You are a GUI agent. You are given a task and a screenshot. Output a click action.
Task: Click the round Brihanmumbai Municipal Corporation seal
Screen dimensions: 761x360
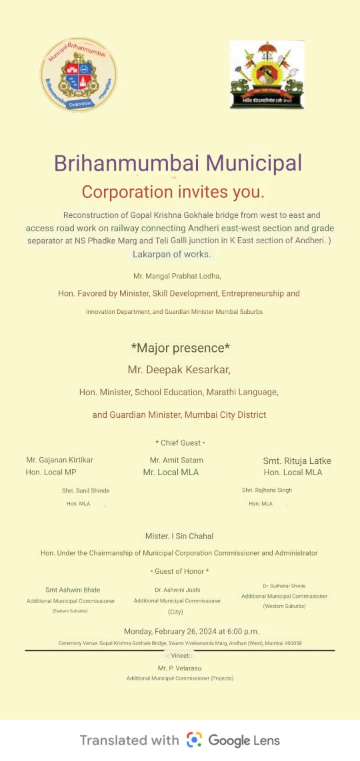(79, 74)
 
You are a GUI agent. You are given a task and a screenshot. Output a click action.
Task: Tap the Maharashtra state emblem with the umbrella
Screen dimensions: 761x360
(267, 75)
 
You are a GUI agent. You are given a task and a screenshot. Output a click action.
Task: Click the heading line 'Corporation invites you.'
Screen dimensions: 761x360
(173, 193)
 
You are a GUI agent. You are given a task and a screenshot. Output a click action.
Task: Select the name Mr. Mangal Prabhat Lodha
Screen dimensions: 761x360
(177, 275)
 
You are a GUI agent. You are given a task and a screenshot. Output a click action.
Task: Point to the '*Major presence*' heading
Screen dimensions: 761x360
(180, 347)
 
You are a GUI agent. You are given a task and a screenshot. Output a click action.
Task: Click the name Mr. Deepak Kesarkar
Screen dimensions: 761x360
(179, 369)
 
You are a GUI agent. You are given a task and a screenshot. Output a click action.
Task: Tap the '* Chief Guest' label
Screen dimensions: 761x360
(180, 443)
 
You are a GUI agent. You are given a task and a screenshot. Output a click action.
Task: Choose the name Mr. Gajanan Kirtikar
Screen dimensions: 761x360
(60, 460)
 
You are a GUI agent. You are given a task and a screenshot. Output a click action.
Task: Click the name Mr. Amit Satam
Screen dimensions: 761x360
(177, 460)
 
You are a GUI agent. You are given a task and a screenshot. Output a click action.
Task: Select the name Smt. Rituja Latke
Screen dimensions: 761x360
(297, 461)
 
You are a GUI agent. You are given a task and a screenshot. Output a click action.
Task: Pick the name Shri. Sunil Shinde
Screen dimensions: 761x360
(86, 490)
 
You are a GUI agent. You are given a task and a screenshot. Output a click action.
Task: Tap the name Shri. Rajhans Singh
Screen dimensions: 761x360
(267, 490)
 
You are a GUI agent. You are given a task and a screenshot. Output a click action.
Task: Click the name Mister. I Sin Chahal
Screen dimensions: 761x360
(179, 536)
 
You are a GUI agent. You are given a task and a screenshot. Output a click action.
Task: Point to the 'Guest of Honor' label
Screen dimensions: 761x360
(180, 571)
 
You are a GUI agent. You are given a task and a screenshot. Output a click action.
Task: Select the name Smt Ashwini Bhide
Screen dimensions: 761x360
(73, 590)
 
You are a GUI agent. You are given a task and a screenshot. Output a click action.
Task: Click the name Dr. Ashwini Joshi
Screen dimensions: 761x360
(177, 590)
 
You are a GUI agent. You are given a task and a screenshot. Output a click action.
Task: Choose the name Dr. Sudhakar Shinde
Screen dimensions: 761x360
(284, 586)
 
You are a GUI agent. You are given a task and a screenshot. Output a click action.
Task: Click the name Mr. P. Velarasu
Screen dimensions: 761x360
(179, 668)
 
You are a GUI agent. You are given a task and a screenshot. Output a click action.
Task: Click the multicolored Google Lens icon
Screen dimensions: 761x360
(194, 740)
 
